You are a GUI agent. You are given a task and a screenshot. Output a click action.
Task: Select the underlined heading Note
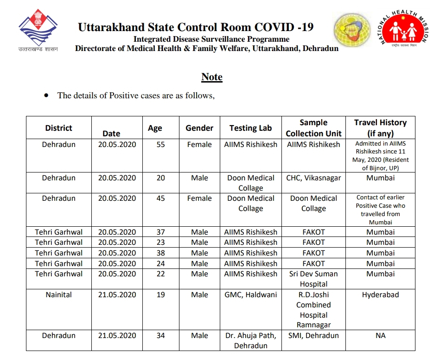212,77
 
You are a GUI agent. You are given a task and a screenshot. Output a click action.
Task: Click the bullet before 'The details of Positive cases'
46,95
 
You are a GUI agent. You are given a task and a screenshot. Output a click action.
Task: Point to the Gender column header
199,128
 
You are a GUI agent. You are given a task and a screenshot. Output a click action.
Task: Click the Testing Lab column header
250,128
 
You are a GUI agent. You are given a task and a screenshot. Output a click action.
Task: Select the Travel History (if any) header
380,128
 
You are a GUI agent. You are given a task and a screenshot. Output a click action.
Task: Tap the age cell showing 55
160,145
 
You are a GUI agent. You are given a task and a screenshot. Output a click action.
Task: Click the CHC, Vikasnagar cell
313,178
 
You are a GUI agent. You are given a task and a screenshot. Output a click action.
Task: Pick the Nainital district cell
58,295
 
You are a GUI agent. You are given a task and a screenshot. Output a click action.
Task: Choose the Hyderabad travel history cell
380,295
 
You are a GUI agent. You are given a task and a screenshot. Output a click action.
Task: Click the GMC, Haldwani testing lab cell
250,295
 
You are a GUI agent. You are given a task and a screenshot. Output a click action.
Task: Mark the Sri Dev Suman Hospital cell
313,279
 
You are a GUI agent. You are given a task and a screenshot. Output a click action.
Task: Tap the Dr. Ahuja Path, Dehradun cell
250,340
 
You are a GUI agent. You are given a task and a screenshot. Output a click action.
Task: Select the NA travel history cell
380,336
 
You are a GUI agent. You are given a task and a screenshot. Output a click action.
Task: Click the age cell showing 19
160,295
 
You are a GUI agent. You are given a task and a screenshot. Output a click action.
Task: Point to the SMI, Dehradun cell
313,336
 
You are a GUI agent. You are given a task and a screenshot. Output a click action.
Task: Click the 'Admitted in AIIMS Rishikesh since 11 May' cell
380,156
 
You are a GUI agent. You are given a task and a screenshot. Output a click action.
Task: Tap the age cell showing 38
160,253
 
